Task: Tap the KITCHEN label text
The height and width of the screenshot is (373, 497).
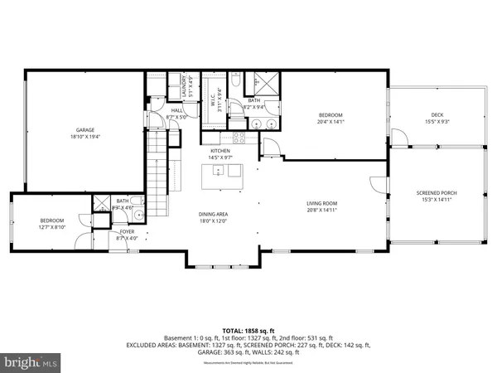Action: point(220,150)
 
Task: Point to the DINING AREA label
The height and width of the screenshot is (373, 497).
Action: point(213,214)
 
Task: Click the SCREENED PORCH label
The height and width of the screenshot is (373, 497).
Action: point(436,193)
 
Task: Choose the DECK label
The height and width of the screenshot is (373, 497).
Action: point(436,114)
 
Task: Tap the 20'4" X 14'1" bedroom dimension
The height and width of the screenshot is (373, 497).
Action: point(331,121)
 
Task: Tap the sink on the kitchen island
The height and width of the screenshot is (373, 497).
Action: point(217,172)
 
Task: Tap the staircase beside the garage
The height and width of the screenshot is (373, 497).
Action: point(157,167)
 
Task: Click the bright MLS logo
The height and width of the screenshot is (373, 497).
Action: point(31,362)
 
